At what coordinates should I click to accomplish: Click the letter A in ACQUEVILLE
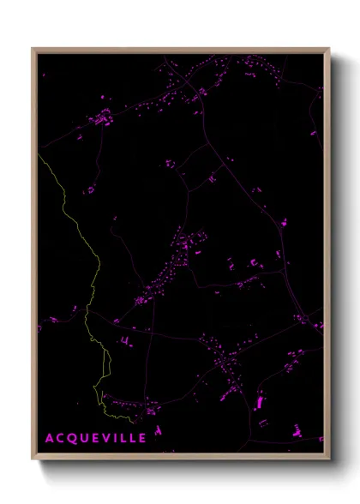[49, 438]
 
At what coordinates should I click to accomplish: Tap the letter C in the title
[60, 438]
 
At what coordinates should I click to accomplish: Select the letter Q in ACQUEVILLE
[72, 438]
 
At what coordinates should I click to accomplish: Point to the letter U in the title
[84, 438]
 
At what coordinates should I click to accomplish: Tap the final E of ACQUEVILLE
[142, 438]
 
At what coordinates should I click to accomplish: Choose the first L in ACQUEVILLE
[123, 438]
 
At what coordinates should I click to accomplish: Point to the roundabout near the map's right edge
[303, 319]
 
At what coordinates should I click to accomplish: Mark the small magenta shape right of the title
[158, 429]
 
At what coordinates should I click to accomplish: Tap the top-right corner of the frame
[328, 49]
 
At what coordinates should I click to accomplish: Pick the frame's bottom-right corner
[328, 458]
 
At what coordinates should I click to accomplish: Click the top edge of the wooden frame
[180, 50]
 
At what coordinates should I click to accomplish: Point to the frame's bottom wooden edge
[180, 457]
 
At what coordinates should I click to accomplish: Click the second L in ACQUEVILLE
[132, 438]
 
